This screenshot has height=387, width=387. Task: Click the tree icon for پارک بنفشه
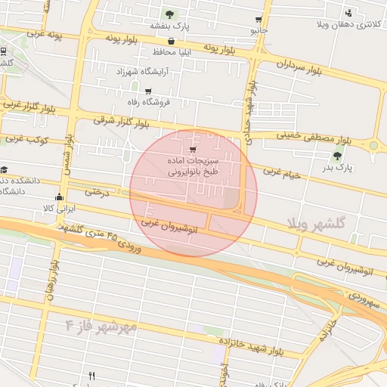click(x=169, y=14)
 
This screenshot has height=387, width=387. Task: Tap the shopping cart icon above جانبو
click(x=259, y=19)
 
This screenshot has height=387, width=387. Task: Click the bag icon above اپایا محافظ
click(x=172, y=42)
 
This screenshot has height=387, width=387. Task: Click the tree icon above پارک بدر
click(x=337, y=156)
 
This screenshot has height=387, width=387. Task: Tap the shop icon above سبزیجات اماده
click(x=193, y=149)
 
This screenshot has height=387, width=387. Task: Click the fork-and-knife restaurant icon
click(x=92, y=376)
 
